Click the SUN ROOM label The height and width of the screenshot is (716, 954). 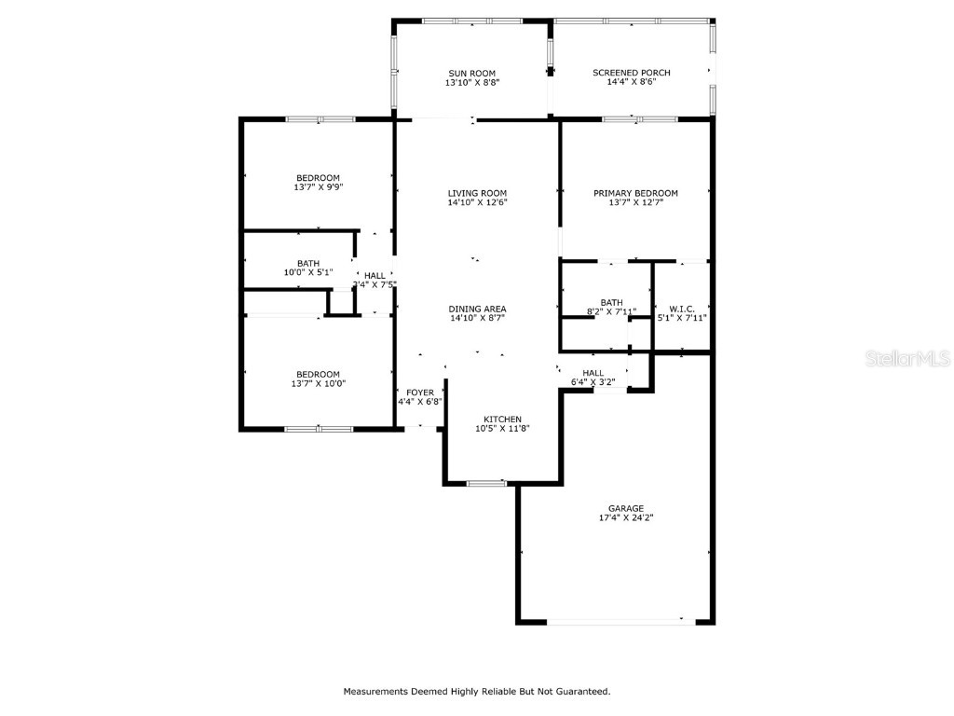[x=471, y=74]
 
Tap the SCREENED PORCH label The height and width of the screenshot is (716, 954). [x=631, y=73]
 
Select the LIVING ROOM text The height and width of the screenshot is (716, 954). [x=477, y=193]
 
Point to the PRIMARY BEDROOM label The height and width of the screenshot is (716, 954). [x=635, y=193]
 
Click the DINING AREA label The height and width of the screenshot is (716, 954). [x=477, y=309]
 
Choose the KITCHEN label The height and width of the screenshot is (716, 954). [x=502, y=419]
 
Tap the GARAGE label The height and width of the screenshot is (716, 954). [x=626, y=508]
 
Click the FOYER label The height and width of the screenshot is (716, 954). [x=419, y=392]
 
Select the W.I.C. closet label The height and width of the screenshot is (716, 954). [x=682, y=309]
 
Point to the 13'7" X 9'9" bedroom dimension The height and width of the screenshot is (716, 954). [x=318, y=187]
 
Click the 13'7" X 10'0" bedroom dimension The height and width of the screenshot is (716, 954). [x=318, y=383]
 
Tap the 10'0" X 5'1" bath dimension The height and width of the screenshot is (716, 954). [x=308, y=273]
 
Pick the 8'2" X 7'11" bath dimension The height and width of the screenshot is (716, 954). [x=611, y=312]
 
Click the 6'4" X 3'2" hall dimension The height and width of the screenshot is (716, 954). [x=593, y=381]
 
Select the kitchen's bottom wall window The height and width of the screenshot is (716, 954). [x=486, y=483]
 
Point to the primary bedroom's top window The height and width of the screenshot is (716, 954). [x=639, y=119]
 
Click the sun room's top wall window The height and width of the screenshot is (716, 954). [x=471, y=21]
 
